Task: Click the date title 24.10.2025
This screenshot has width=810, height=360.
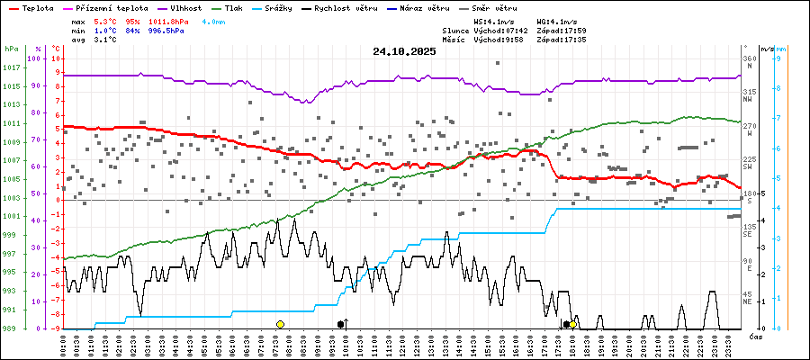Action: [404, 51]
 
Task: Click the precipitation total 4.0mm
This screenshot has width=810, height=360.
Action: [214, 20]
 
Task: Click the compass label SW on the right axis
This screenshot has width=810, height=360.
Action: [748, 166]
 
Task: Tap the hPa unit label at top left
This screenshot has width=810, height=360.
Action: [11, 49]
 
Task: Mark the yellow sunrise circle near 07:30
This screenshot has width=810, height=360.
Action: [280, 324]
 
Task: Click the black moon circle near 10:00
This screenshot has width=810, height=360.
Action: [340, 324]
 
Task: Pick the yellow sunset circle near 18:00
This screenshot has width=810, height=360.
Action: [573, 324]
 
